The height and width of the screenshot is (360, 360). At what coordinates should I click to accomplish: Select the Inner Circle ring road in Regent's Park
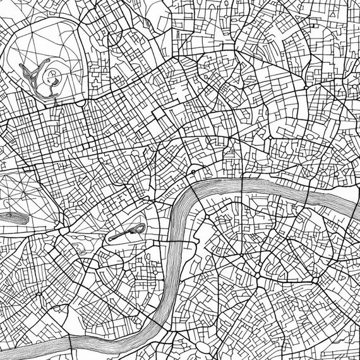(52, 78)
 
